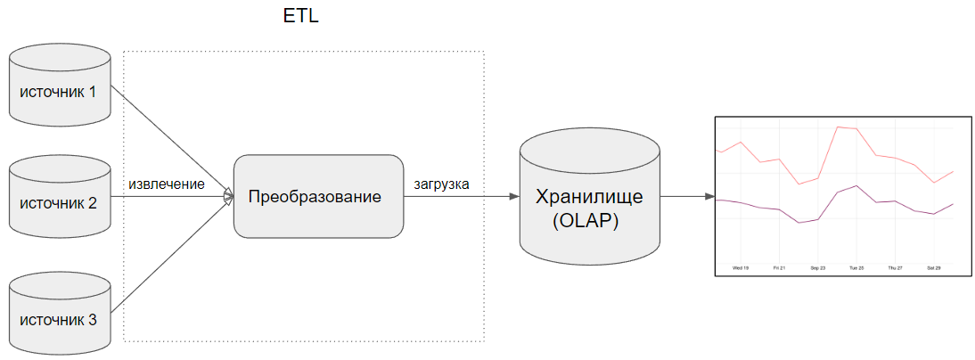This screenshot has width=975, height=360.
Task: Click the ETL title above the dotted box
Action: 301,18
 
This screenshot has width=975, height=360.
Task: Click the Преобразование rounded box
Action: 318,196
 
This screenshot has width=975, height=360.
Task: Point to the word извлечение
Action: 167,184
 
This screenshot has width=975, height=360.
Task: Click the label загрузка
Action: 442,184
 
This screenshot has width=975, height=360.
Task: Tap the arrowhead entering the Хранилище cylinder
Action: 513,196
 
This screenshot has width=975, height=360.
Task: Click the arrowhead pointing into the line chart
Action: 709,196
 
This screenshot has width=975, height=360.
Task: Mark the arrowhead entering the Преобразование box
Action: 227,196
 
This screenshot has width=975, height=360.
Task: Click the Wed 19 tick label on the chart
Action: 741,266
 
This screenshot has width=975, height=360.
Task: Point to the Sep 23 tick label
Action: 818,266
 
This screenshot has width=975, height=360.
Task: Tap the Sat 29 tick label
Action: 934,266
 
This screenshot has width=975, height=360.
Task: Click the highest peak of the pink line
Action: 838,127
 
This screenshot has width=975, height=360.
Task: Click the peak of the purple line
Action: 856,185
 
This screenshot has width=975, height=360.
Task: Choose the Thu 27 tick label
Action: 895,266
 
